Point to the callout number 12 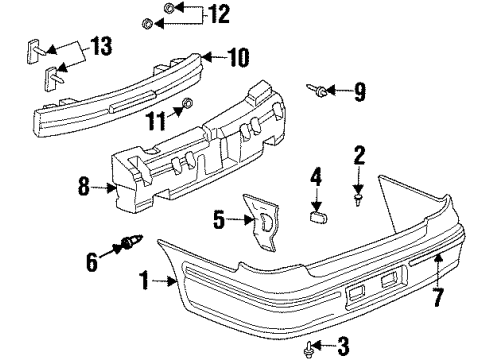coord(218,14)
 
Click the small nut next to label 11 coord(185,108)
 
